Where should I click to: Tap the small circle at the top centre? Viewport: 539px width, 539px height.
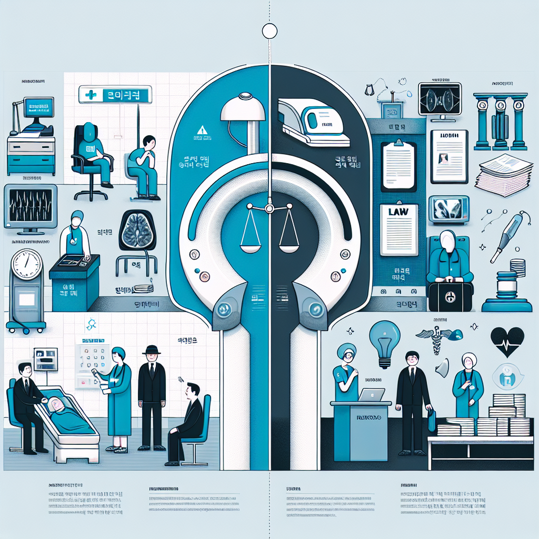tap(269, 31)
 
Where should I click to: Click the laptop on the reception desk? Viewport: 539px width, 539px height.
tap(371, 394)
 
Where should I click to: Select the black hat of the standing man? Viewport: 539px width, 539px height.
tap(152, 350)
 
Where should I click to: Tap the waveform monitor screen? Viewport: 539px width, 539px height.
tap(29, 205)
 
